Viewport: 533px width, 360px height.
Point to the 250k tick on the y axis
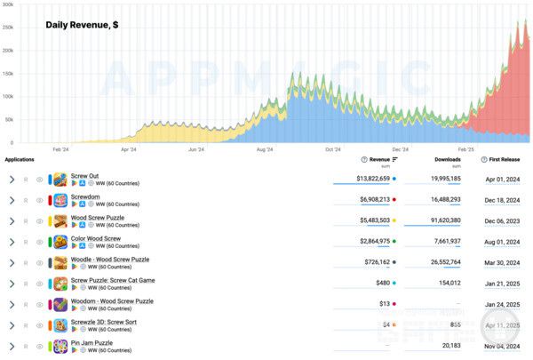[8, 28]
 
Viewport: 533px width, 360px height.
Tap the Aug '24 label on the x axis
[265, 150]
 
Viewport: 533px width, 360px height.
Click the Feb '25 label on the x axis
[466, 150]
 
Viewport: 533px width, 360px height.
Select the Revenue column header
[379, 160]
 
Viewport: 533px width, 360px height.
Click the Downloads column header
[448, 160]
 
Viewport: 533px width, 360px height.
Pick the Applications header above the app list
[20, 160]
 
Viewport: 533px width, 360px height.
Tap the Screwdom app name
[85, 196]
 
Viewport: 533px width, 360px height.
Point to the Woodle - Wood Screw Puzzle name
[110, 260]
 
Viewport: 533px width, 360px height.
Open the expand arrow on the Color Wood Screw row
[12, 242]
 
